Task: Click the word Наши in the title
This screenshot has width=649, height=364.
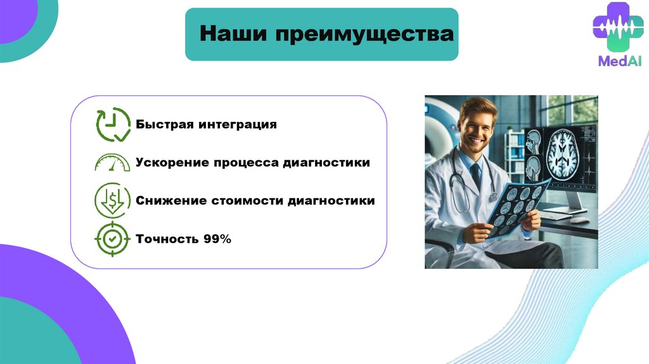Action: coord(233,34)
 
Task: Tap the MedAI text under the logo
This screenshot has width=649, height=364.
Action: coord(620,62)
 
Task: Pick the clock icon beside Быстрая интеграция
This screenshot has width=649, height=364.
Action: coord(113,124)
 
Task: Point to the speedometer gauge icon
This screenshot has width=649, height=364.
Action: coord(112,162)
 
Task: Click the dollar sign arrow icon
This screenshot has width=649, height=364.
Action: coord(112,200)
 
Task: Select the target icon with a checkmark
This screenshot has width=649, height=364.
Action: coord(112,239)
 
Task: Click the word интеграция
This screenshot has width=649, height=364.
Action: coord(238,125)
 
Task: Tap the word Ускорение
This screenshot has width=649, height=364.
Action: coord(172,162)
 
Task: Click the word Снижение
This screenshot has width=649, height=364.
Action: coord(171,200)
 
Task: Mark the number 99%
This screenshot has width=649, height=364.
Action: coord(217,239)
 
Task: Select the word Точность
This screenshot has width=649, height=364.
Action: coord(167,239)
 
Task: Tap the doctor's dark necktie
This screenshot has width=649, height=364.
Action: coord(476,176)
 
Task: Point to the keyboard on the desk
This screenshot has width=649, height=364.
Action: coord(556,216)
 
